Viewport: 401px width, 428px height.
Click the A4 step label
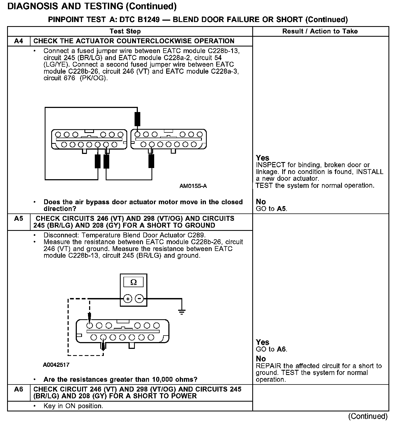click(19, 41)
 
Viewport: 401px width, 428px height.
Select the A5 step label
click(19, 219)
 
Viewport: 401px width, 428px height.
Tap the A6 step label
click(19, 389)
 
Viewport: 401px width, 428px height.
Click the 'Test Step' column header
click(125, 31)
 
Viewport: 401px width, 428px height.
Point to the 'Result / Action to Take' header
click(320, 31)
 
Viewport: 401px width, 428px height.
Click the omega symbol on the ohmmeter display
click(133, 282)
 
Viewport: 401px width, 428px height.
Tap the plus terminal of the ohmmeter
click(128, 299)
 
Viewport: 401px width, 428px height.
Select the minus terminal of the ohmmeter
click(139, 299)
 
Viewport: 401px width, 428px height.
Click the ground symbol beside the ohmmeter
click(182, 311)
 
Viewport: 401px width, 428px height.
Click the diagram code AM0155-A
click(193, 186)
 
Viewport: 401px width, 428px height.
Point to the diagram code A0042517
click(56, 365)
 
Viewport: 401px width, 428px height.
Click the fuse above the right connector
click(138, 119)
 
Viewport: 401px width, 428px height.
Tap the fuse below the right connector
click(151, 161)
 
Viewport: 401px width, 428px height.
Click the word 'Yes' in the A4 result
click(263, 158)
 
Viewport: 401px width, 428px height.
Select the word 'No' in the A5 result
click(261, 359)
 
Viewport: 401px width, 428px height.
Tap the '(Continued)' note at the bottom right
click(367, 417)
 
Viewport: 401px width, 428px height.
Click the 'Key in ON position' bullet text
click(73, 406)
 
